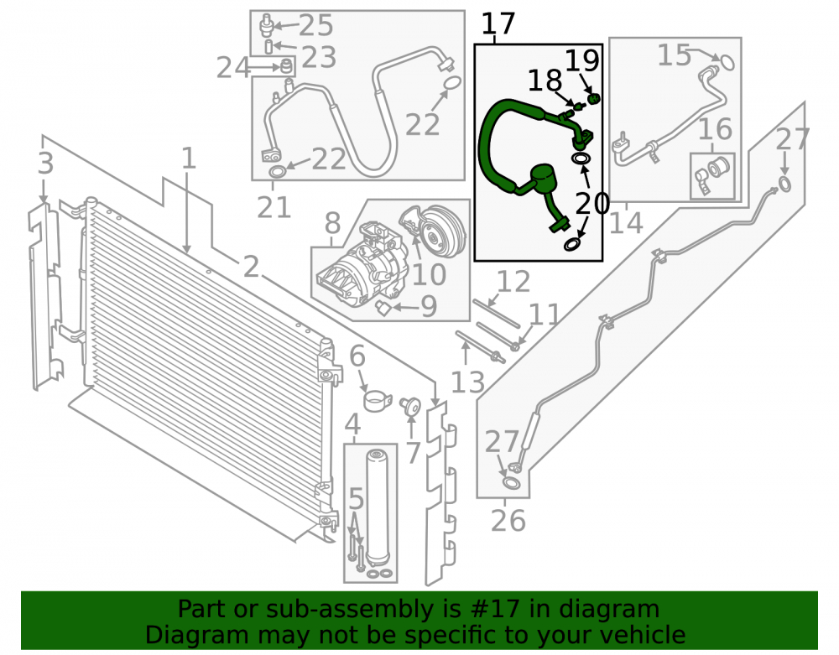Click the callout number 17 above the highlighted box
coord(498,24)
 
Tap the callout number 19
coord(582,60)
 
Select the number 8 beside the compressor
coord(332,222)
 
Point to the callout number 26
coord(508,520)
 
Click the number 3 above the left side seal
coord(45,163)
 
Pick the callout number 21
coord(274,207)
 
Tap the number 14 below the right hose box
coord(626,222)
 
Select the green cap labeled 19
coord(594,99)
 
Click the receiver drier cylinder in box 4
coord(377,506)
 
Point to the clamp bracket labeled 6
coord(377,401)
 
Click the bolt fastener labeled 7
coord(411,407)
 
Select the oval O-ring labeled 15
coord(725,62)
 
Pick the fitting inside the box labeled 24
coord(287,67)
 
